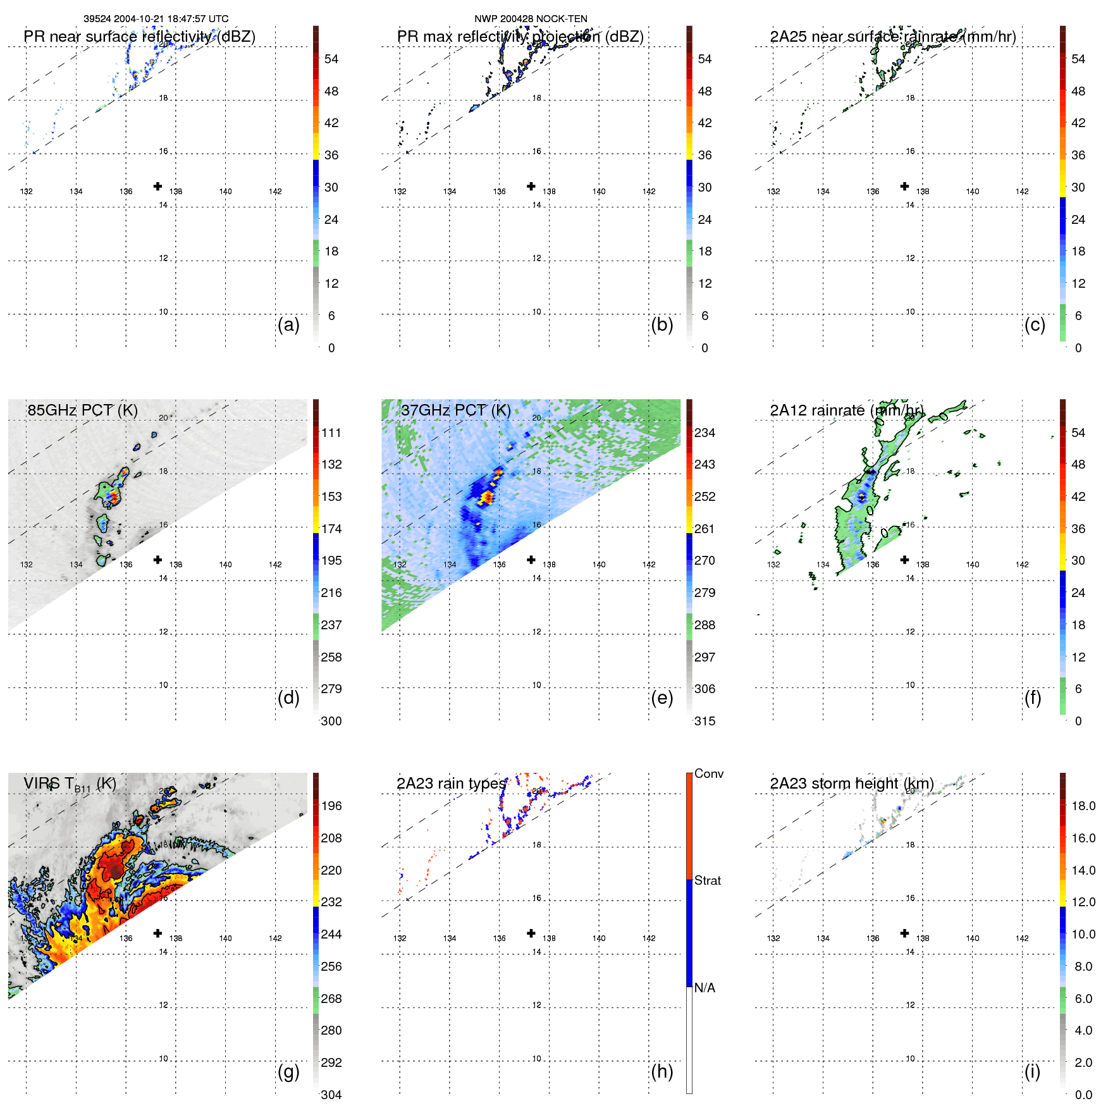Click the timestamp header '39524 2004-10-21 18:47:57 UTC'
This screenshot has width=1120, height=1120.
[156, 19]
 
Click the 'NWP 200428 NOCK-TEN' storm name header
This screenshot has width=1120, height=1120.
[531, 19]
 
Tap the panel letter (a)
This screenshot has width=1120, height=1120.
[288, 324]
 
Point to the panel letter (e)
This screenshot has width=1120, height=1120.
[662, 698]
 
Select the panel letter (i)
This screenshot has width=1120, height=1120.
[1032, 1071]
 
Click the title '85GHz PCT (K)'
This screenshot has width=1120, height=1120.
[82, 410]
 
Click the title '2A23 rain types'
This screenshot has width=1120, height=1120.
[451, 784]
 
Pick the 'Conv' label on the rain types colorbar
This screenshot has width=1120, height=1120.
[708, 773]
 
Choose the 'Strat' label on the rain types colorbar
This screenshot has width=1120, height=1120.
[707, 880]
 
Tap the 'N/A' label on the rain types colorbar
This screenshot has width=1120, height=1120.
[705, 988]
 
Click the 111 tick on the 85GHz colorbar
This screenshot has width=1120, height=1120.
[331, 433]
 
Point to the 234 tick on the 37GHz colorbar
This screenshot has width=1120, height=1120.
[705, 433]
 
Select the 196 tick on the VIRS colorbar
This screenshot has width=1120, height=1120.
[331, 806]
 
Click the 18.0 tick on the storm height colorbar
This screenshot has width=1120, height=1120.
[1083, 806]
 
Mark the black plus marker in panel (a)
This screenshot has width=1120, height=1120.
[157, 186]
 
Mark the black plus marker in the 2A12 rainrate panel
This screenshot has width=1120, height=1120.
[904, 560]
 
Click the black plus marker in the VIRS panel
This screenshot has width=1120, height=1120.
[157, 933]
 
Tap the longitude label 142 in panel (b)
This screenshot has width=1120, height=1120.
[648, 192]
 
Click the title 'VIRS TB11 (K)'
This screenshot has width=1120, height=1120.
[70, 784]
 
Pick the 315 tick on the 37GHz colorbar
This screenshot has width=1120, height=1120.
[705, 721]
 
